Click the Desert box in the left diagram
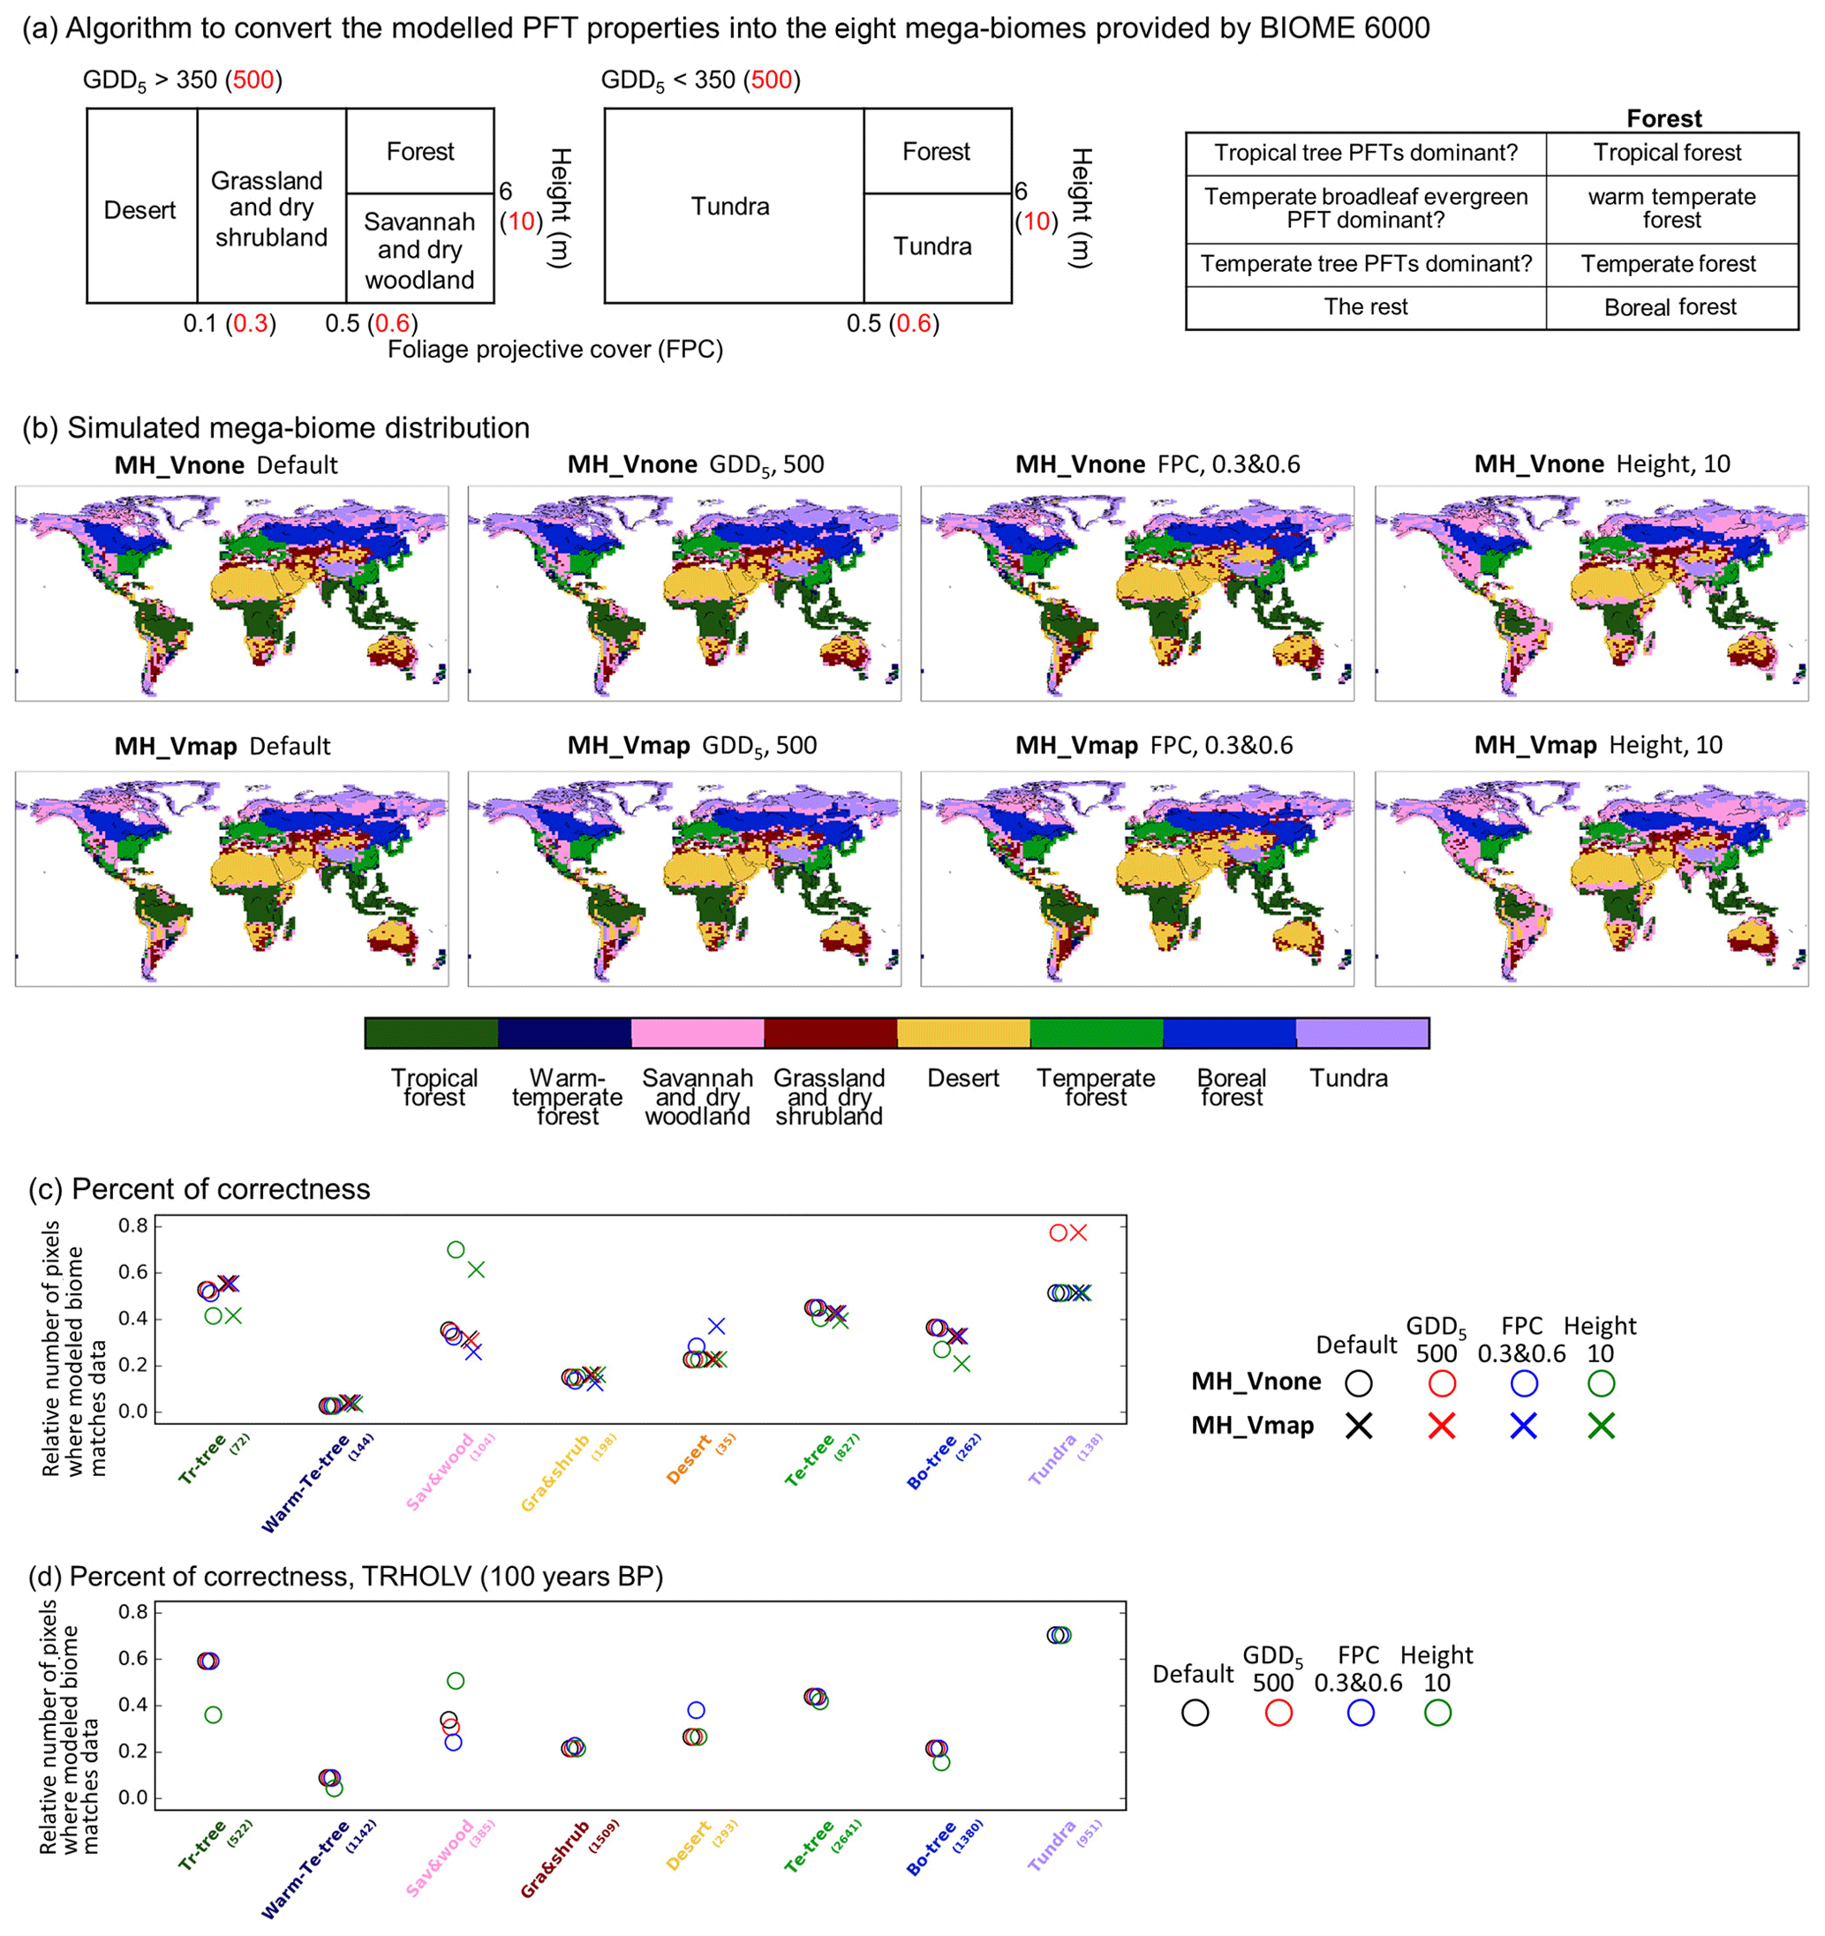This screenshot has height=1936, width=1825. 140,209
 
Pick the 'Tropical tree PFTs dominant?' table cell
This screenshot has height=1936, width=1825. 1364,153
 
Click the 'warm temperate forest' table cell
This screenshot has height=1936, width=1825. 1671,208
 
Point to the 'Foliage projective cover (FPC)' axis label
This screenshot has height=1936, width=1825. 555,350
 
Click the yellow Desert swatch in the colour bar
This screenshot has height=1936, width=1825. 962,1033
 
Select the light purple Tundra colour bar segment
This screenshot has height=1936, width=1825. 1361,1033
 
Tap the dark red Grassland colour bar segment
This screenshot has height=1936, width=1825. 830,1033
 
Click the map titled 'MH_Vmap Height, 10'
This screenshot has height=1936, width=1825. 1590,878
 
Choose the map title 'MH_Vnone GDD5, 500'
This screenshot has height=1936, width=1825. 696,464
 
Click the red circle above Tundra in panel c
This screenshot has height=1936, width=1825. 1058,1233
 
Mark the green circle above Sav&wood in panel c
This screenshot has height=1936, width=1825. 456,1249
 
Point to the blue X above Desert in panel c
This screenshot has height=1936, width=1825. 717,1325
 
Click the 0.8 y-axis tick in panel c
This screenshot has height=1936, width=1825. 133,1226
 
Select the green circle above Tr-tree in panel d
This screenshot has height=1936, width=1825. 214,1715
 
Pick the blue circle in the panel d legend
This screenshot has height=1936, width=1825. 1361,1713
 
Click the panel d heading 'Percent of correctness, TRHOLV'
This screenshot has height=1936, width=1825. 366,1577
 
